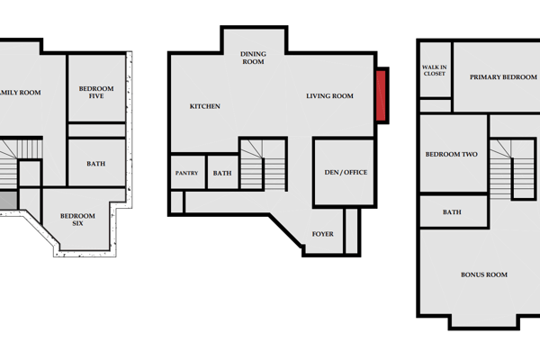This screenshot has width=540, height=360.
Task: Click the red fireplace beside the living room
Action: click(381, 95)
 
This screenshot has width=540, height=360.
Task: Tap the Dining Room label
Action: click(253, 58)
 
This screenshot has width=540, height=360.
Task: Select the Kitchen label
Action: click(205, 106)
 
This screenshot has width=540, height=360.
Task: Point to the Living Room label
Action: click(329, 96)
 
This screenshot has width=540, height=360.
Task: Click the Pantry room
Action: click(188, 172)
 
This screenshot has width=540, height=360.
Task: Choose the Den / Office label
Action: click(346, 172)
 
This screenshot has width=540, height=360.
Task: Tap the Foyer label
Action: click(323, 234)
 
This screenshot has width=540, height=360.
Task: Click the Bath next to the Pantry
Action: click(223, 172)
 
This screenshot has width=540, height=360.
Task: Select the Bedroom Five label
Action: click(96, 93)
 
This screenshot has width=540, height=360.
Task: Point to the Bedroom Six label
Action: click(77, 220)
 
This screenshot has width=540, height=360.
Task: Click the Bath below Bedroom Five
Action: click(97, 162)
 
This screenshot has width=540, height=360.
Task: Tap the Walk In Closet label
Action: click(435, 70)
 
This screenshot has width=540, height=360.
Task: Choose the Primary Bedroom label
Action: click(503, 77)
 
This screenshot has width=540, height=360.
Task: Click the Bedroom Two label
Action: click(452, 154)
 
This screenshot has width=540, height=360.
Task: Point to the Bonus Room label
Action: click(484, 274)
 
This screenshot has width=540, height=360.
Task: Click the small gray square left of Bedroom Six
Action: click(8, 200)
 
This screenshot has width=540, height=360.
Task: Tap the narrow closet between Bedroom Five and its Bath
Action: click(97, 130)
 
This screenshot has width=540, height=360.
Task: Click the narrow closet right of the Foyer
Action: click(352, 230)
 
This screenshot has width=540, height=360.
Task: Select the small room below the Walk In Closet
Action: click(436, 105)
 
